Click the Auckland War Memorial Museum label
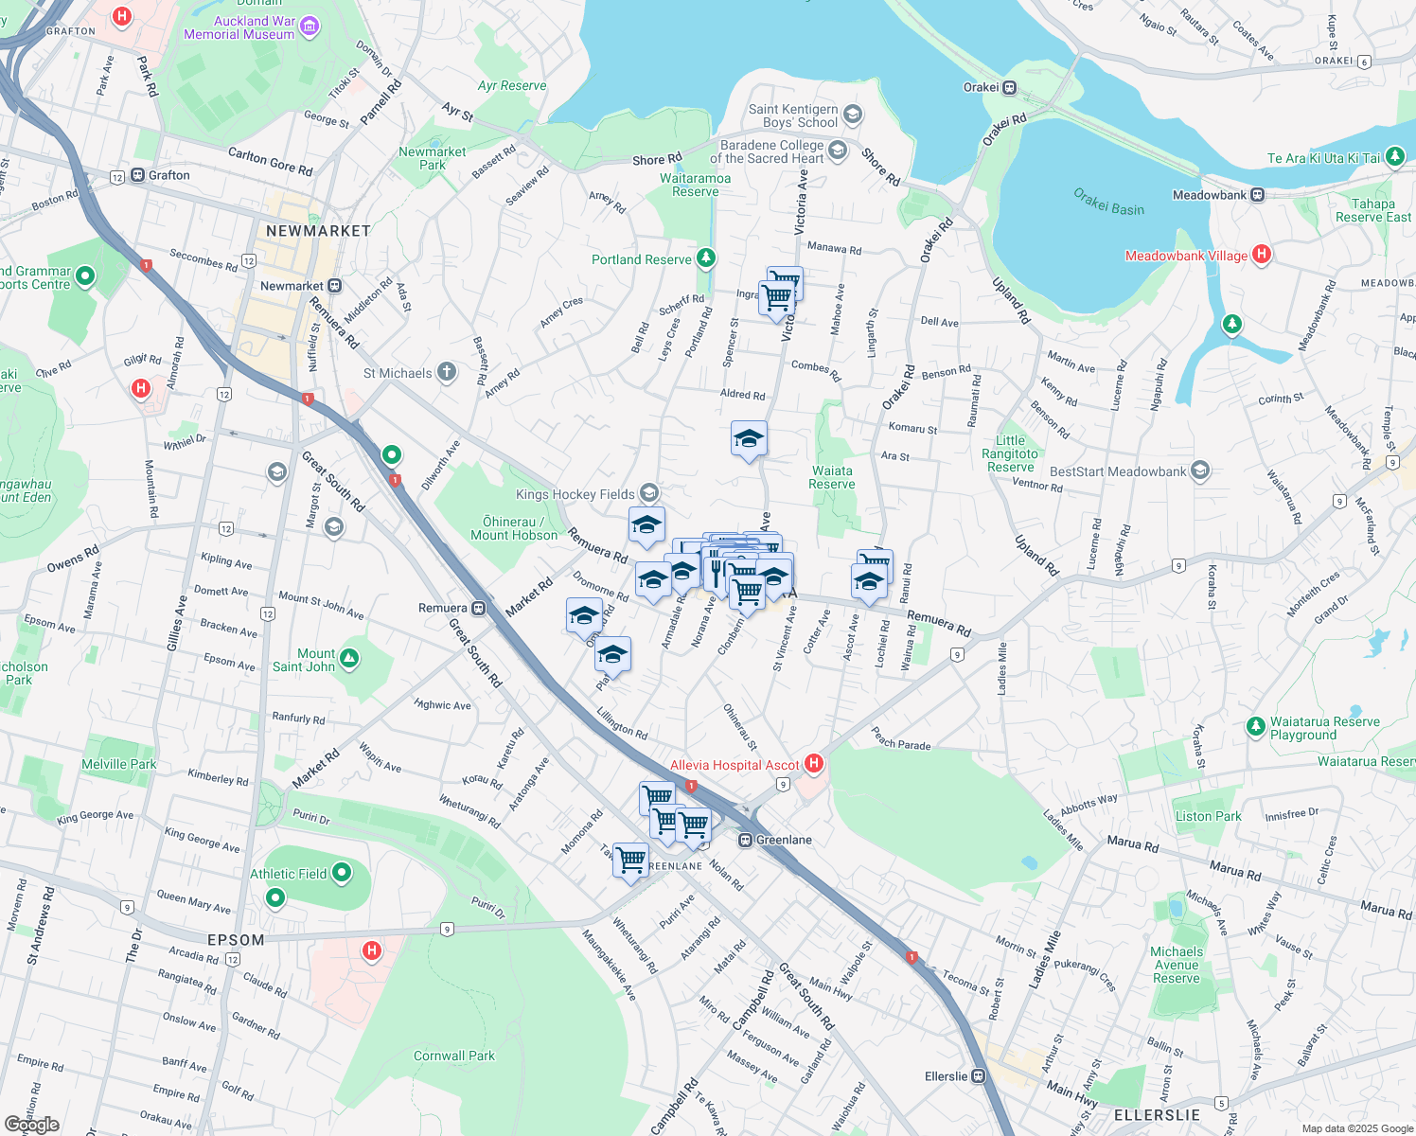[x=239, y=27]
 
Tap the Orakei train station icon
[x=1010, y=88]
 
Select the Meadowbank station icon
[x=1258, y=195]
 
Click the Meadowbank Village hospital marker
[x=1261, y=254]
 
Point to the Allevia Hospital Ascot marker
[x=813, y=763]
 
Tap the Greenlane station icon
[x=746, y=840]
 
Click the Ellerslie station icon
[x=979, y=1076]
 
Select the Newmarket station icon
[x=334, y=286]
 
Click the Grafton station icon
[x=138, y=175]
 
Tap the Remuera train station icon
[x=479, y=608]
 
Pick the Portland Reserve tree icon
[x=705, y=257]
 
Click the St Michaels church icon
[x=447, y=372]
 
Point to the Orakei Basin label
[x=1108, y=202]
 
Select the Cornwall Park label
[x=454, y=1056]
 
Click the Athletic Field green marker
[x=342, y=872]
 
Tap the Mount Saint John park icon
[x=349, y=658]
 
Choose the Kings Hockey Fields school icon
[x=648, y=492]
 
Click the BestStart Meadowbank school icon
[x=1200, y=470]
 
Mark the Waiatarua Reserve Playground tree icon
[x=1256, y=726]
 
